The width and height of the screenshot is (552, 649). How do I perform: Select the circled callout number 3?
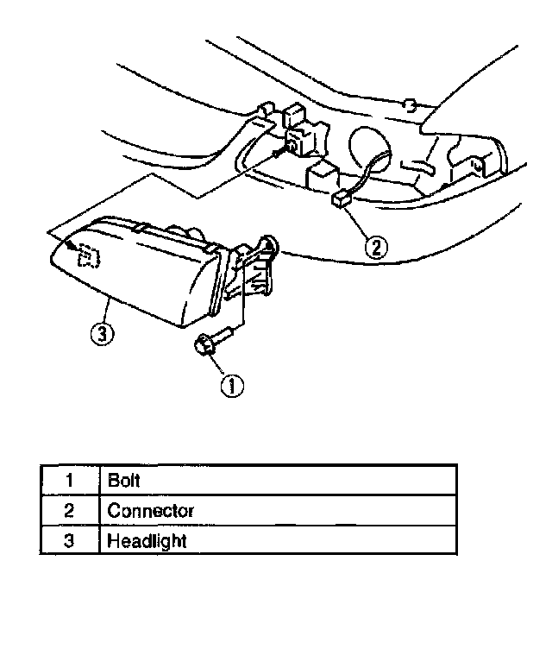(101, 333)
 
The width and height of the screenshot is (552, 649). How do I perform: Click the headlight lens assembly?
(138, 272)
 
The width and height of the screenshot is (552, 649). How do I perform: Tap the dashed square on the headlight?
(87, 256)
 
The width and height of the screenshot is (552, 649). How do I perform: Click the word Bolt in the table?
(123, 479)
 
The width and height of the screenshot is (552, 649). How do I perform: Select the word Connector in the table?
(150, 510)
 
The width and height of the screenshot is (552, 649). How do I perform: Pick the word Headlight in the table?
(147, 541)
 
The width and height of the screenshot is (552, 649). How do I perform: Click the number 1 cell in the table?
(70, 479)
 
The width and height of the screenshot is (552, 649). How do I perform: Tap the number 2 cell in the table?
(70, 510)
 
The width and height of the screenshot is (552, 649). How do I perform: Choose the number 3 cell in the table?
(70, 541)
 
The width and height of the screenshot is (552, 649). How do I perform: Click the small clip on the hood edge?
(411, 105)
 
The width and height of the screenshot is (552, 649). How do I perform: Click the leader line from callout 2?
(360, 225)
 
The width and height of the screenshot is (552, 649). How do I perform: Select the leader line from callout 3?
(105, 311)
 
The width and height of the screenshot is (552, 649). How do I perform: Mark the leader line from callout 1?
(221, 368)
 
